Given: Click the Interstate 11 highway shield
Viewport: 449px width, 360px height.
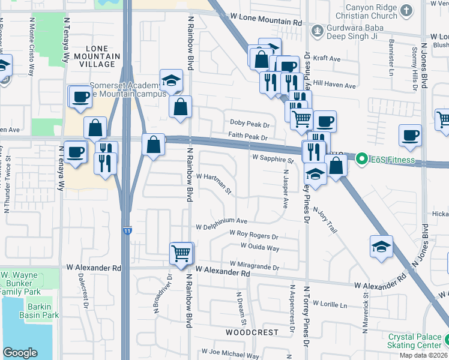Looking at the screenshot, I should [x=127, y=230].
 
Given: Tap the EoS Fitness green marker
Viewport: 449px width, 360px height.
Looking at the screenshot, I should [x=361, y=159].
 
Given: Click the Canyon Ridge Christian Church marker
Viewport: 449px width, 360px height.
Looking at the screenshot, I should [x=406, y=10].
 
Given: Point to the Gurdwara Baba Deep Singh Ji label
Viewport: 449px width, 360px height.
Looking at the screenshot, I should [x=354, y=34].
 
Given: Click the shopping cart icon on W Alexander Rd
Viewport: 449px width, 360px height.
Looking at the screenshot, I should [x=181, y=253].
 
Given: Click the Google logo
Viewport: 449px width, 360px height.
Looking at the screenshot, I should [x=20, y=352].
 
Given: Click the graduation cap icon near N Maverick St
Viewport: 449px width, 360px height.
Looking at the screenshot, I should [x=381, y=246].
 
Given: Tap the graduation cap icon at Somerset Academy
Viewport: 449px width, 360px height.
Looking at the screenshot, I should [x=171, y=80].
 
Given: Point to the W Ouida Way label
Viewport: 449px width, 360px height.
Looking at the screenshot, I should [x=260, y=247].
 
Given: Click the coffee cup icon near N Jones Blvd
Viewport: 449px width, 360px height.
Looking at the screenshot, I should [x=411, y=136].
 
